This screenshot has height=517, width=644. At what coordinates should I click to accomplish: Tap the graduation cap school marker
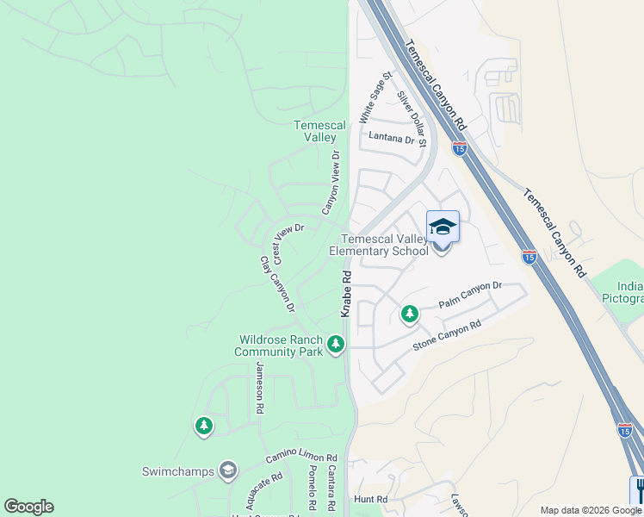point(443,227)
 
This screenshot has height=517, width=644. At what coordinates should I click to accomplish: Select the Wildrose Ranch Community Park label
point(279,346)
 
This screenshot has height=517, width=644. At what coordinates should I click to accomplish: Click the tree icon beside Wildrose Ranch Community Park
point(335,345)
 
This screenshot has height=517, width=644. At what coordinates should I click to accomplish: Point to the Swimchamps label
point(178,471)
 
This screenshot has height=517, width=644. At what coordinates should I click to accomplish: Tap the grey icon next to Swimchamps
point(227,470)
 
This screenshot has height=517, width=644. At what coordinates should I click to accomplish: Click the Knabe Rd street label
point(346,294)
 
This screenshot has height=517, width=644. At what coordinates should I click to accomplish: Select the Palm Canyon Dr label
point(470,295)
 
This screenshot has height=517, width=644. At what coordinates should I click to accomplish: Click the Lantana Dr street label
point(391,138)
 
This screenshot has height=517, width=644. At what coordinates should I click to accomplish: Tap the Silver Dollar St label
point(412,117)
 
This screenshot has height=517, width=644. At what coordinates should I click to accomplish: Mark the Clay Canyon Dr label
point(277,284)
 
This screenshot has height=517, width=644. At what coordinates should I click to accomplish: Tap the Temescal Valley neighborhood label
point(320,131)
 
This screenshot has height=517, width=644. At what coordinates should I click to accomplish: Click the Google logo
point(28,507)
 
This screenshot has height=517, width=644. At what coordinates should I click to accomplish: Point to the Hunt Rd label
point(371,499)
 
